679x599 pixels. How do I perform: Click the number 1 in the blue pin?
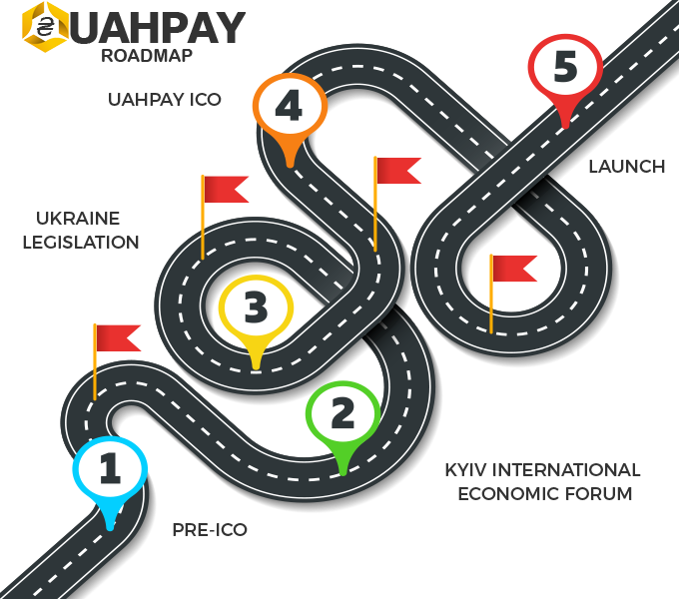pyautogui.click(x=110, y=469)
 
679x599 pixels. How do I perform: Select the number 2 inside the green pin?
pyautogui.click(x=342, y=413)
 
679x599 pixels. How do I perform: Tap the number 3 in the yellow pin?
pyautogui.click(x=256, y=307)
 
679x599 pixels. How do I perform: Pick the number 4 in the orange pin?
pyautogui.click(x=289, y=106)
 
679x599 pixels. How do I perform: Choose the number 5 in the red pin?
pyautogui.click(x=565, y=67)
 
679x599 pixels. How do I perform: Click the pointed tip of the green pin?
pyautogui.click(x=342, y=472)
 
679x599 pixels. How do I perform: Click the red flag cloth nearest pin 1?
pyautogui.click(x=118, y=337)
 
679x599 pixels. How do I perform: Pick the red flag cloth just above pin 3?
pyautogui.click(x=226, y=189)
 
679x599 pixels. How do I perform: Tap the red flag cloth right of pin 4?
pyautogui.click(x=397, y=171)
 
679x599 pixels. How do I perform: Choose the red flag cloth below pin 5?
pyautogui.click(x=514, y=268)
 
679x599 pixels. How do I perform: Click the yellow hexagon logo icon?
pyautogui.click(x=42, y=26)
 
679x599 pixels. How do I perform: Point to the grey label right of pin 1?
pyautogui.click(x=210, y=530)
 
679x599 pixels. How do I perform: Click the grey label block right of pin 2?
pyautogui.click(x=541, y=480)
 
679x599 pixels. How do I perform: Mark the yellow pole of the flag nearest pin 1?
pyautogui.click(x=95, y=364)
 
